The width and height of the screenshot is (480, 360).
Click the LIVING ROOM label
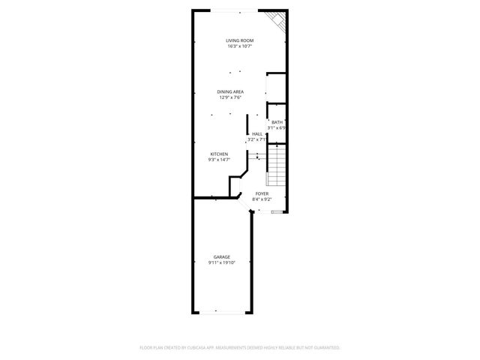(x=240, y=40)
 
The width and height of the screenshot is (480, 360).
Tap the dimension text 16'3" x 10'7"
(x=240, y=46)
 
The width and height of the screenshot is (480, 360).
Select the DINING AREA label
(x=231, y=91)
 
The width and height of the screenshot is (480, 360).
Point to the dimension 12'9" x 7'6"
(x=231, y=97)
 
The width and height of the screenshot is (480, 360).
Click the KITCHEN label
(x=218, y=154)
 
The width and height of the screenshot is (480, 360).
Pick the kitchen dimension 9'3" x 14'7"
(x=218, y=160)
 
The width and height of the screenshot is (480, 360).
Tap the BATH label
(x=277, y=122)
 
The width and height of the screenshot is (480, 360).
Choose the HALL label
(x=257, y=133)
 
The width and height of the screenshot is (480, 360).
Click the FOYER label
(x=262, y=193)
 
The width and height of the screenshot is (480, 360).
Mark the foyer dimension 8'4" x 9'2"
(x=262, y=199)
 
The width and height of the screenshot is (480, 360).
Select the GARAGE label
(x=221, y=257)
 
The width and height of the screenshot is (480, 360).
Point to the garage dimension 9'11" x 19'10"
(x=221, y=263)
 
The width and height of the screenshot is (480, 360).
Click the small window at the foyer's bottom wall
(x=277, y=212)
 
